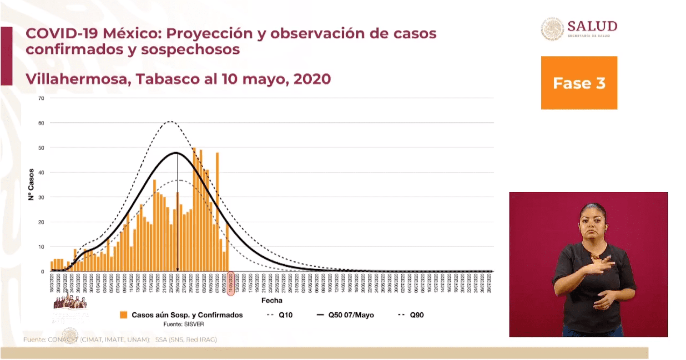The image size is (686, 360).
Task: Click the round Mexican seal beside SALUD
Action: click(x=552, y=29)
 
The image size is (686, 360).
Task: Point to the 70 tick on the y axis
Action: click(x=41, y=98)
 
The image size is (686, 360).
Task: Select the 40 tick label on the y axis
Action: click(x=41, y=172)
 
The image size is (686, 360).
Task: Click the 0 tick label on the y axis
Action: click(x=43, y=272)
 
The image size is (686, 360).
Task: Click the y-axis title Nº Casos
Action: click(x=31, y=184)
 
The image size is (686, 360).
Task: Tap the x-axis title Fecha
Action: click(x=272, y=300)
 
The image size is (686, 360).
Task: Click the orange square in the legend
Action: click(x=124, y=315)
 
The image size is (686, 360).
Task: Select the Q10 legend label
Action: click(x=286, y=315)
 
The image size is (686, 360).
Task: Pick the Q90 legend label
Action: click(x=417, y=315)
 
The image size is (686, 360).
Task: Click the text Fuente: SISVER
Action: click(x=183, y=324)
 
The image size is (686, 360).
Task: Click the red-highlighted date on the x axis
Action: click(x=231, y=283)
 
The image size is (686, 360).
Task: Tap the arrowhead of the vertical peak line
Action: click(x=177, y=270)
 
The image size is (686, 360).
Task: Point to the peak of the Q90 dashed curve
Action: click(x=171, y=121)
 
